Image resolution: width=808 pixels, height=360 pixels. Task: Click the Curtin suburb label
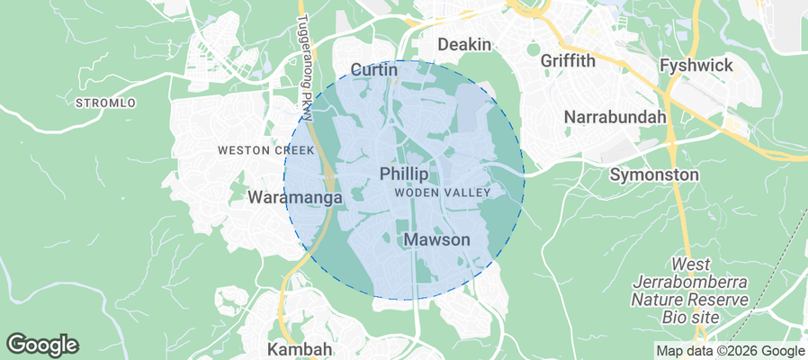point(374,69)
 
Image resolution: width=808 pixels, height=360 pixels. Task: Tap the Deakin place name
point(464,44)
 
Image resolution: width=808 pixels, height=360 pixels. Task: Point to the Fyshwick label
point(696,66)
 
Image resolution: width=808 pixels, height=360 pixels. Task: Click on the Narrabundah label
point(615,117)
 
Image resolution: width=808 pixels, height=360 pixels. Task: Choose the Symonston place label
point(654,173)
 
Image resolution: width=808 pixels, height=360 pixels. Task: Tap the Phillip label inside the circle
point(404,173)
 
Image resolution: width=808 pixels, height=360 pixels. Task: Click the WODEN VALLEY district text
point(442,193)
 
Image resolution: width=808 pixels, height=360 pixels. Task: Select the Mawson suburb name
point(436,240)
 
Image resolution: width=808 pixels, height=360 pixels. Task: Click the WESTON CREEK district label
point(265,150)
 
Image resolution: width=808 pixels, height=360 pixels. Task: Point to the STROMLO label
point(106,103)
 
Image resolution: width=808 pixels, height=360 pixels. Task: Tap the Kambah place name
point(301,348)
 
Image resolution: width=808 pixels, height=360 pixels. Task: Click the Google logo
point(42,345)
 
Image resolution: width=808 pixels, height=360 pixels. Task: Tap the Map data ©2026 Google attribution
point(730,351)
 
